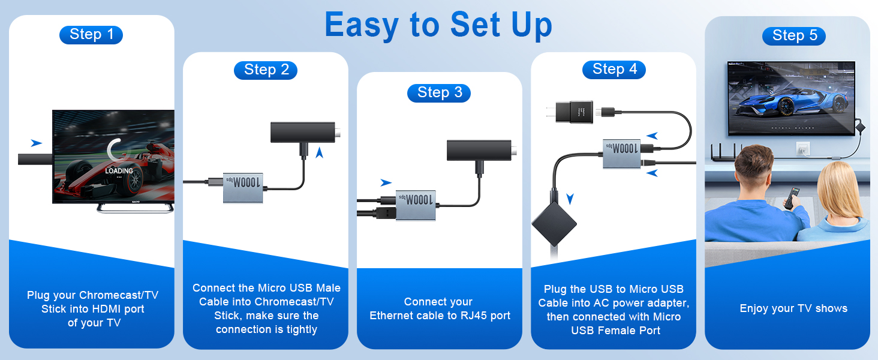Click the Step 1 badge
91,35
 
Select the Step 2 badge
266,70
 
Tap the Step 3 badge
439,92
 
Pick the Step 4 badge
614,70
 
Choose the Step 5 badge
794,36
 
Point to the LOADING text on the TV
119,171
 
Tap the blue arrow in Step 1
37,143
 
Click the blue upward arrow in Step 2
320,152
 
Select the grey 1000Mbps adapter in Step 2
245,188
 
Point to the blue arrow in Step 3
386,182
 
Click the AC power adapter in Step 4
574,112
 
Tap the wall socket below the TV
803,148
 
